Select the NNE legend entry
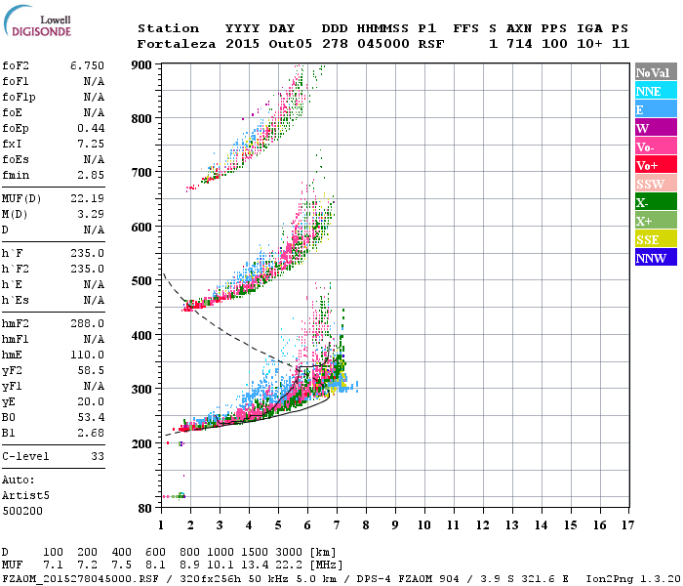coord(655,91)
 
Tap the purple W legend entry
coord(655,128)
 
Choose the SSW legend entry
coord(655,184)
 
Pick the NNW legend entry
coord(655,258)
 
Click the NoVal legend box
coord(655,72)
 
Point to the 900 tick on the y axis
coord(141,64)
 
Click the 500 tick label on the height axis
coord(141,281)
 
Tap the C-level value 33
coord(97,455)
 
